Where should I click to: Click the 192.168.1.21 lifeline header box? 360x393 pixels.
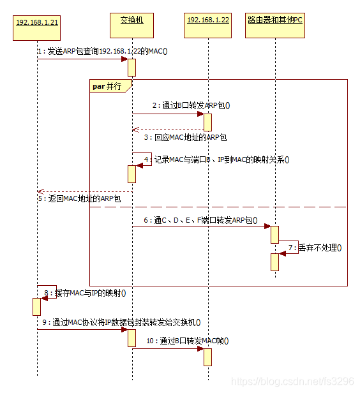(x=36, y=28)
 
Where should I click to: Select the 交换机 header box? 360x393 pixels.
(x=131, y=26)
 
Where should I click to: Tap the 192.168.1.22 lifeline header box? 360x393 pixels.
(x=207, y=26)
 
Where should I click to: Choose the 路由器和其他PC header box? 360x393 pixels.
(x=275, y=26)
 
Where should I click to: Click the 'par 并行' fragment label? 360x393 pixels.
(x=107, y=86)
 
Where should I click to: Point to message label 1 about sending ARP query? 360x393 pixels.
(x=103, y=51)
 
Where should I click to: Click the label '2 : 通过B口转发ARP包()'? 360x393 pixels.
(x=191, y=105)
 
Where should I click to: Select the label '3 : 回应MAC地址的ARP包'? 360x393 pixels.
(x=186, y=137)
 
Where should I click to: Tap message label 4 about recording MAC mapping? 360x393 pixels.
(x=217, y=159)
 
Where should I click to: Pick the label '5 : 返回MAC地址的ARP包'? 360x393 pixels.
(x=80, y=199)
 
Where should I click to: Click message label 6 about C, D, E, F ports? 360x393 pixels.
(x=200, y=220)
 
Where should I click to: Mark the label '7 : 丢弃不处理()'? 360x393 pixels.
(x=315, y=248)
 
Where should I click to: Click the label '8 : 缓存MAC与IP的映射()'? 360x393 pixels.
(x=86, y=293)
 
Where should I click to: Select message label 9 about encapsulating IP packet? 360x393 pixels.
(x=121, y=322)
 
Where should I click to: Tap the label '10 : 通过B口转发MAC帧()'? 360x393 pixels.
(x=188, y=341)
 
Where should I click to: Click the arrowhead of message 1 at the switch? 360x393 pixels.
(x=124, y=59)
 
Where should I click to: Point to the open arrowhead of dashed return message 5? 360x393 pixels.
(x=41, y=192)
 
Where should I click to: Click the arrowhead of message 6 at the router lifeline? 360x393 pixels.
(x=267, y=226)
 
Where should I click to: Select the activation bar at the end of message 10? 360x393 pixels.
(x=207, y=357)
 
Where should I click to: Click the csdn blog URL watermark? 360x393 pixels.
(x=292, y=382)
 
